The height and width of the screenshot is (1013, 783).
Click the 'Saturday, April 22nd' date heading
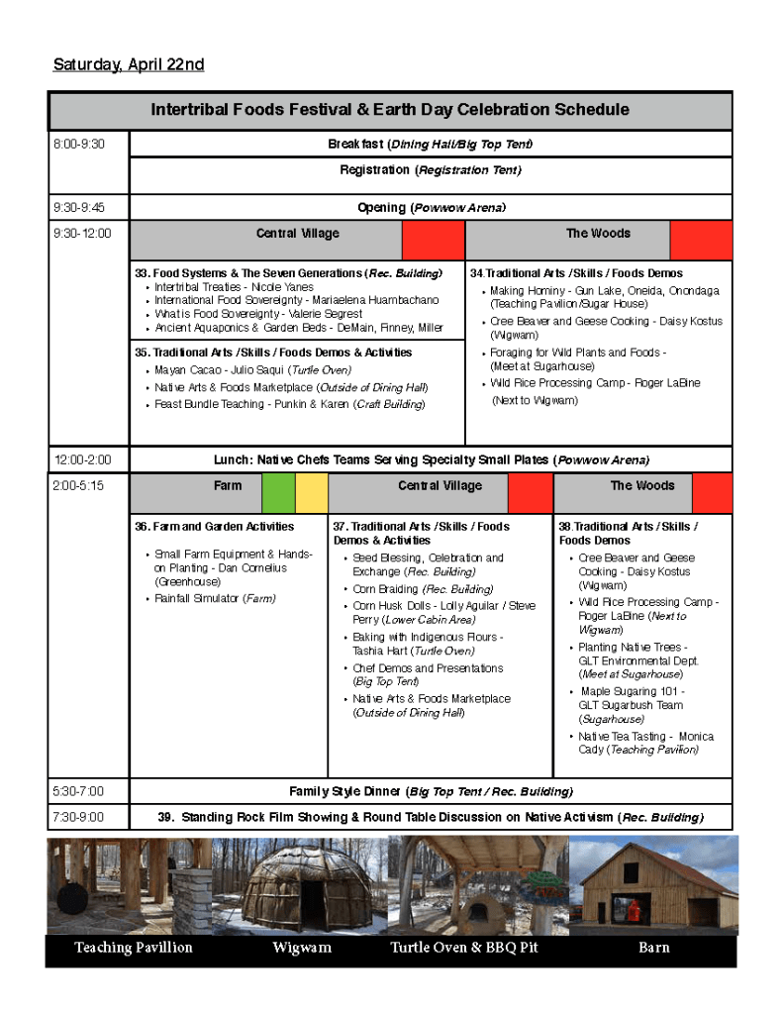click(x=129, y=65)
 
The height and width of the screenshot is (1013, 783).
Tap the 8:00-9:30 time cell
click(x=79, y=145)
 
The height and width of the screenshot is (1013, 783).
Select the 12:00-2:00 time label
click(x=83, y=460)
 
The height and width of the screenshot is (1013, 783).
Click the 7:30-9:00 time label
click(x=79, y=818)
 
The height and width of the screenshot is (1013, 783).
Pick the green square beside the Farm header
click(x=278, y=492)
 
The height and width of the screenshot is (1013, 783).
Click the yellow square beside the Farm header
click(x=312, y=492)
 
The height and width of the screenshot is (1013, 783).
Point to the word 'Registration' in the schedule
click(x=374, y=170)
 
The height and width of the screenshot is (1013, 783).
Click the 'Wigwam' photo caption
click(x=302, y=949)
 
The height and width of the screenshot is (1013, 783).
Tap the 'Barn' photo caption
click(x=653, y=949)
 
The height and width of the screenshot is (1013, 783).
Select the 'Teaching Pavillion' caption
click(x=134, y=949)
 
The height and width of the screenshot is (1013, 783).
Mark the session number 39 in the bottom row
click(x=166, y=818)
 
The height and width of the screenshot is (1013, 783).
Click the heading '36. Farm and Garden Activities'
click(x=215, y=527)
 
